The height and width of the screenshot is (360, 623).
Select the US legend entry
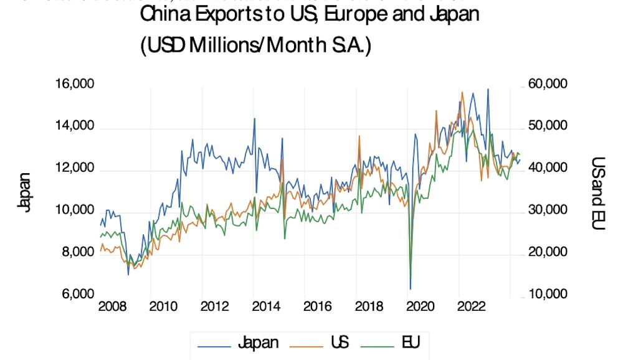(x=340, y=342)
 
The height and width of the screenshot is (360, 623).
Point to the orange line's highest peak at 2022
(x=462, y=92)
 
